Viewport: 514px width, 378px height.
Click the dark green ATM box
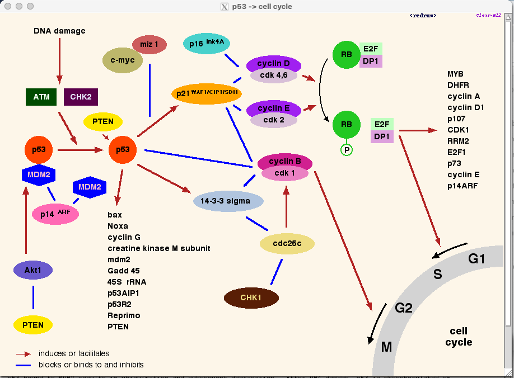(41, 97)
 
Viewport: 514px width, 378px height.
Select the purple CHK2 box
(81, 97)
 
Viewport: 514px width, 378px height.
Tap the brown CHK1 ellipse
(251, 297)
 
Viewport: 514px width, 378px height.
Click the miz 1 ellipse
(149, 44)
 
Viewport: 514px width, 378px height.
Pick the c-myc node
(122, 60)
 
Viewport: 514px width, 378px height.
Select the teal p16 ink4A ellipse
(207, 44)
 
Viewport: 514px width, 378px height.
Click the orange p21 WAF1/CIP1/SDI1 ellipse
(206, 93)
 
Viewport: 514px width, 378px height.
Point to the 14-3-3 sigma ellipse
(228, 201)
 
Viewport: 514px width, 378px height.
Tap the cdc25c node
(287, 243)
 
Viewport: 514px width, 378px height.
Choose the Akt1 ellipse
(33, 270)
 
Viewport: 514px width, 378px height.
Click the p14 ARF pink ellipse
(55, 214)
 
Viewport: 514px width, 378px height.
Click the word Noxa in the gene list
(118, 226)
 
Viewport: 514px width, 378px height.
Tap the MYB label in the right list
(455, 74)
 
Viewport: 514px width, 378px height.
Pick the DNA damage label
(59, 31)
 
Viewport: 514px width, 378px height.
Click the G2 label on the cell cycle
(404, 307)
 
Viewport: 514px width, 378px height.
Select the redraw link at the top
(423, 16)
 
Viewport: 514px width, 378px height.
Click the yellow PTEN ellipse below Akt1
(33, 325)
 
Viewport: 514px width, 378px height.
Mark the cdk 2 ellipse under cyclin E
(274, 120)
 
